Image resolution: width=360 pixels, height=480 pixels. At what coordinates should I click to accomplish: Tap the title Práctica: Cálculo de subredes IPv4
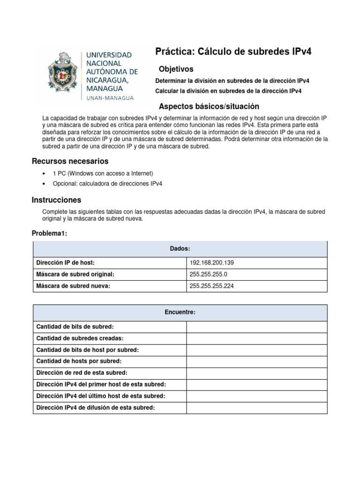point(233,52)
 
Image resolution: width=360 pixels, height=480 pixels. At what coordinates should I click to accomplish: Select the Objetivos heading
point(176,69)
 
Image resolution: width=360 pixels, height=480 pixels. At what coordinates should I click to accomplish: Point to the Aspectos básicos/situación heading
point(209,106)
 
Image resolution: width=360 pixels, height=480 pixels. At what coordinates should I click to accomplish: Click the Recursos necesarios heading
point(70,161)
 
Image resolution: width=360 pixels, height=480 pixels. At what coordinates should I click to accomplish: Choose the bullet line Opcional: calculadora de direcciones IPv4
point(107,183)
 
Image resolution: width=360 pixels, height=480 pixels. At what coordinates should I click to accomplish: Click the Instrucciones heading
point(56,200)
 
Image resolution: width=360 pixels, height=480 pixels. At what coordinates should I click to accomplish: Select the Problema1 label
point(50,233)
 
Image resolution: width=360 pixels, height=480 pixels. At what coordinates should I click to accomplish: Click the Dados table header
point(180,249)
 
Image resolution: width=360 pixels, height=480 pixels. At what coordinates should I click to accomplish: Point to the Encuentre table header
point(180,312)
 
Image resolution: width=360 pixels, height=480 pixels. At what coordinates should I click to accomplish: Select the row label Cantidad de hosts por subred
point(78,361)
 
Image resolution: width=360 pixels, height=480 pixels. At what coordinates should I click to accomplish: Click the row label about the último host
point(101,396)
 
